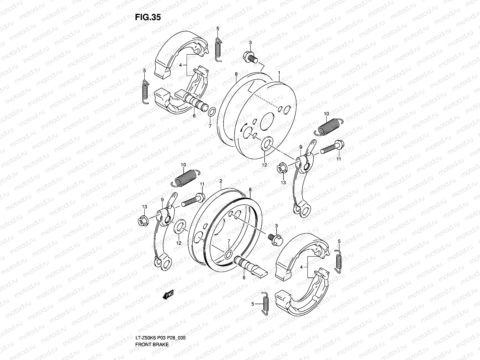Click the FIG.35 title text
coord(148,17)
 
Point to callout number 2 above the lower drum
coord(220,181)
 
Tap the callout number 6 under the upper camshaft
coord(194,115)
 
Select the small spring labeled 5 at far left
coord(145,91)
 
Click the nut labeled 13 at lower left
coord(143,220)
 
